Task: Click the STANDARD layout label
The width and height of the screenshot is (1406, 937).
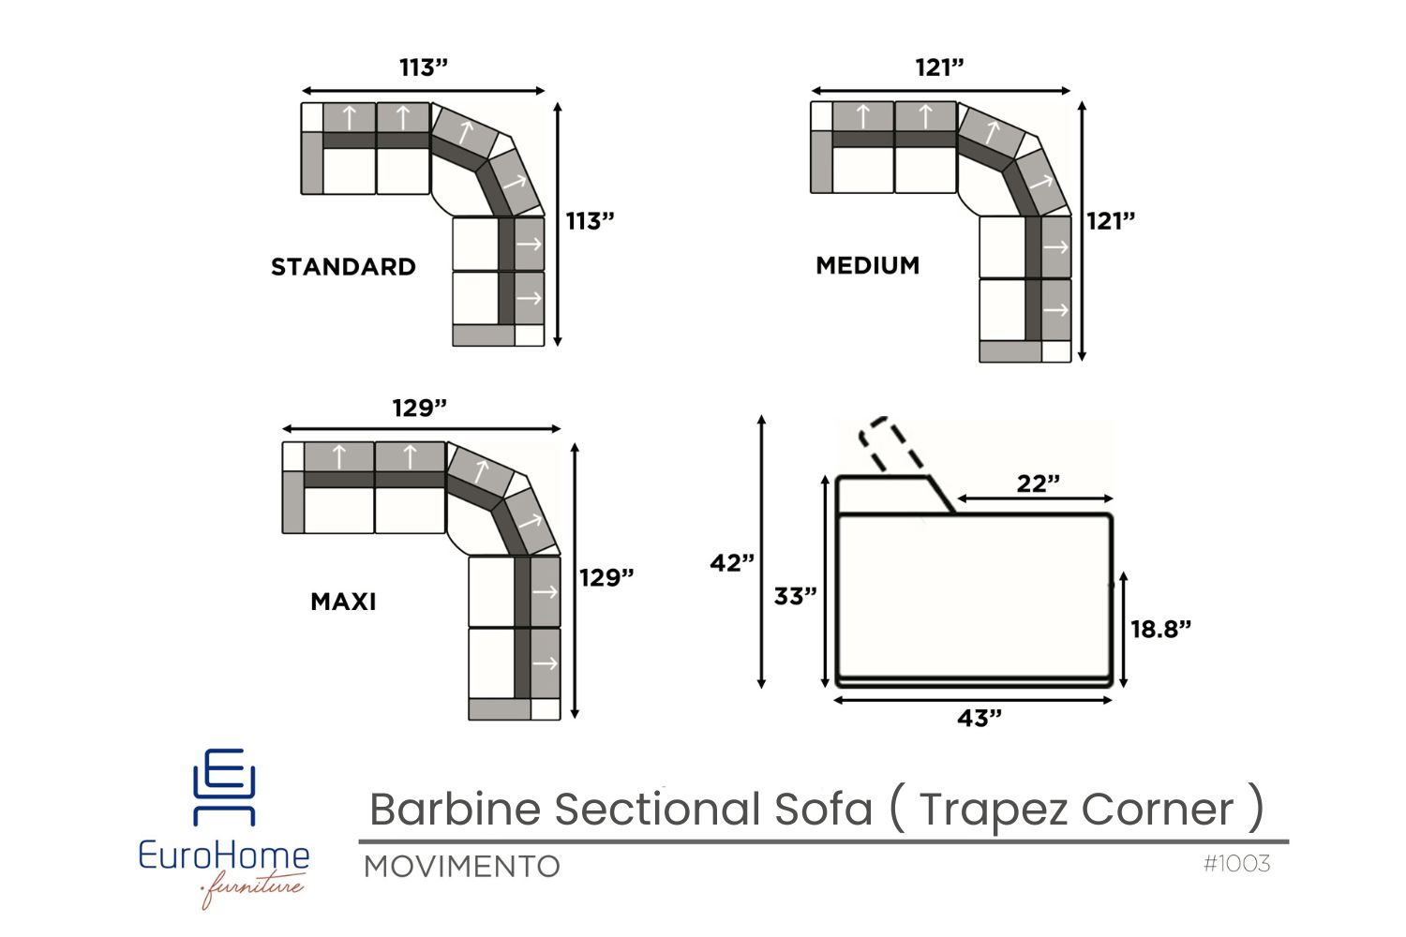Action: point(343,267)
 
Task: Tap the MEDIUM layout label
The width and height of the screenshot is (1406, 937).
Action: point(867,265)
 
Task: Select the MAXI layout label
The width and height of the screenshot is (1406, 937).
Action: point(343,602)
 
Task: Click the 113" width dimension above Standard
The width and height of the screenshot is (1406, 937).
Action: point(424,67)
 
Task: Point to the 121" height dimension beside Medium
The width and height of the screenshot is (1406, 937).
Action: point(1111,221)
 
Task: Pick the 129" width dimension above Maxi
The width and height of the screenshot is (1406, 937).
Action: point(419,408)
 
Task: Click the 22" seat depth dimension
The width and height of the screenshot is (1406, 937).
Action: point(1039,483)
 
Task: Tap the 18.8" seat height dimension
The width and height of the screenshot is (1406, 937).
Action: point(1160,629)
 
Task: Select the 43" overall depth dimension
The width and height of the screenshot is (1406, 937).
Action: point(980,718)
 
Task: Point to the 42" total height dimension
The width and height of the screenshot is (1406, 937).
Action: point(732,563)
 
